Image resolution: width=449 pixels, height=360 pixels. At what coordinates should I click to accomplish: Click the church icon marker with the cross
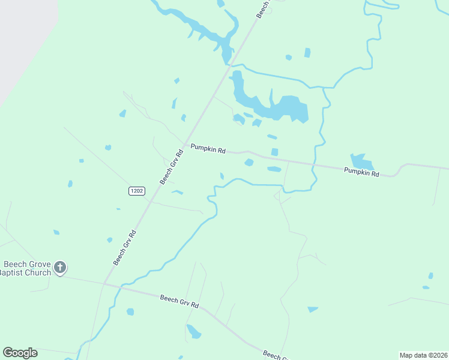point(59,267)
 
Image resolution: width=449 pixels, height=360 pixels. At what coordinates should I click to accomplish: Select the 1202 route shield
point(136,191)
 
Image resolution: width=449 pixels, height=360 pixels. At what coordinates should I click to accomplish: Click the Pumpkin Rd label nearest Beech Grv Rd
point(208,149)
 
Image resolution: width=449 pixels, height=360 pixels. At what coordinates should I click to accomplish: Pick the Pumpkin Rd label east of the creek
point(361,172)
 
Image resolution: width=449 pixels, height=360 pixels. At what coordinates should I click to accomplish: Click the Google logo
point(20,353)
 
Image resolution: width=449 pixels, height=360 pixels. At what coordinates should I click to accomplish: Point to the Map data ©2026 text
point(423,355)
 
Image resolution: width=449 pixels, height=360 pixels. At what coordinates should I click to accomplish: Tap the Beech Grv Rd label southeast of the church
point(179,301)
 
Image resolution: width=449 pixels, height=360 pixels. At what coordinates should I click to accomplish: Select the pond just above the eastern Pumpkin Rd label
point(361,161)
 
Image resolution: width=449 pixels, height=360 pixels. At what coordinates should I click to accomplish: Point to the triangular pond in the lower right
point(312,310)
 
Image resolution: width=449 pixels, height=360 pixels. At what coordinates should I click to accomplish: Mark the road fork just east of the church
point(104,283)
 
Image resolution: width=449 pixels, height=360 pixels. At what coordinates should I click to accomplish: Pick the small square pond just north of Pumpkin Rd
point(274,152)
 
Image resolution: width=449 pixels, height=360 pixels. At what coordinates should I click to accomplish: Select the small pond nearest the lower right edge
point(430,276)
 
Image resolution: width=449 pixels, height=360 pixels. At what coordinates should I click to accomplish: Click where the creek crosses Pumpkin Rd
point(313,164)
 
